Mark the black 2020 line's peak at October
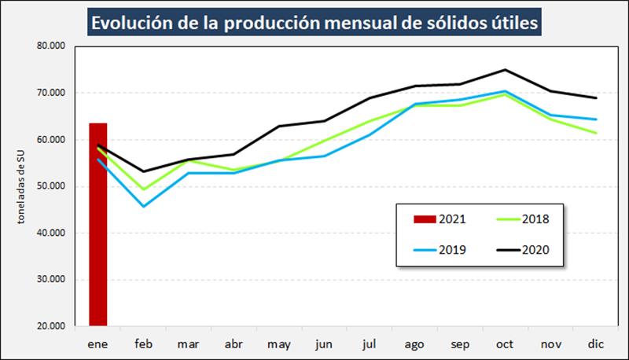[x=505, y=69]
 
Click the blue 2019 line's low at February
[x=142, y=207]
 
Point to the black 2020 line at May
[x=278, y=126]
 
